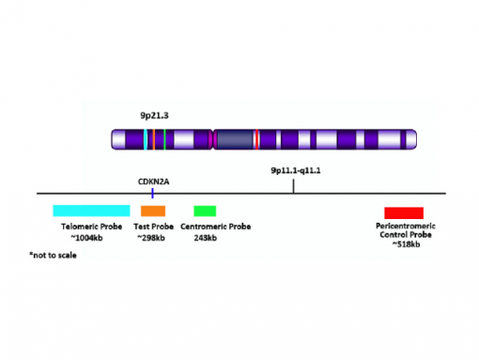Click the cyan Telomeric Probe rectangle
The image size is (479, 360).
[91, 210]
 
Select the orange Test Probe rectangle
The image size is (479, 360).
[153, 210]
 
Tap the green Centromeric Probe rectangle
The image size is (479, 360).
[205, 210]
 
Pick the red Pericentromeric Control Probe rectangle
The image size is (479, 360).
[404, 212]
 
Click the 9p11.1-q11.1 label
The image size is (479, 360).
[295, 170]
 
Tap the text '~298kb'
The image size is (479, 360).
[150, 237]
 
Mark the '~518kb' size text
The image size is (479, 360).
[405, 244]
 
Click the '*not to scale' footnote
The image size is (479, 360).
[53, 255]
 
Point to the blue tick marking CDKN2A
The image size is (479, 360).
[152, 191]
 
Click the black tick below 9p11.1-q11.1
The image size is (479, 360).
[294, 186]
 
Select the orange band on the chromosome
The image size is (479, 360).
[151, 140]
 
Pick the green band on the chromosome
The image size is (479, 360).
[164, 140]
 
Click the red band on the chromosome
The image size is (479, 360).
[256, 140]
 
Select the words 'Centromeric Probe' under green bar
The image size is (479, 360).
[215, 227]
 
